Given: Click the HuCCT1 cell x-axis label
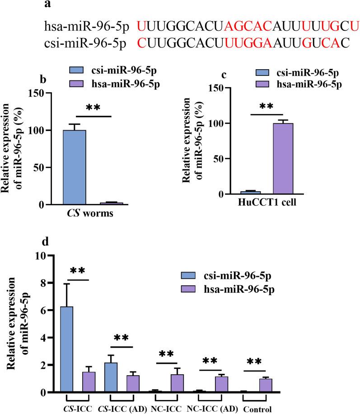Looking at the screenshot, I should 271,202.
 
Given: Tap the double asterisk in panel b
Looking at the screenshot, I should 94,108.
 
